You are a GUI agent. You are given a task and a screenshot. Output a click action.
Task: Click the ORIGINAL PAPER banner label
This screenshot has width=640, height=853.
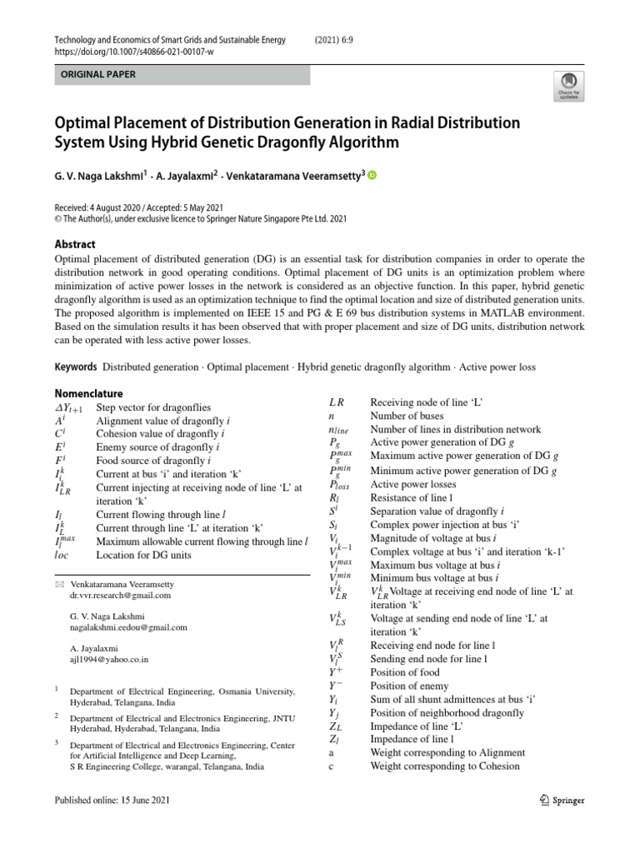tap(93, 75)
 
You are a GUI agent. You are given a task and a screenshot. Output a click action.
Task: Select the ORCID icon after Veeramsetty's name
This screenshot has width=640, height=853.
tap(372, 176)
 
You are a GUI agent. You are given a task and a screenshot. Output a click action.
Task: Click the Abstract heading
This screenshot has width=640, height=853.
tap(74, 244)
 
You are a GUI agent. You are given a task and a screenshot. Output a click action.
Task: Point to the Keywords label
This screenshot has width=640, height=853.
tap(76, 367)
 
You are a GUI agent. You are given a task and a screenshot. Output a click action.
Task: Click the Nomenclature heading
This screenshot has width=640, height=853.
tap(88, 393)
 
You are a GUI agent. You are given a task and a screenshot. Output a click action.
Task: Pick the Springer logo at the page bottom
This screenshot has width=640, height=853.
tap(557, 801)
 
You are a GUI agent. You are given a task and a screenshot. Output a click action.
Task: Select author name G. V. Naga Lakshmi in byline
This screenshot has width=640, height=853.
tap(100, 176)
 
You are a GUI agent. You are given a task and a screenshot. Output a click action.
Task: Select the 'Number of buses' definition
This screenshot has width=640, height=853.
tap(407, 416)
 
